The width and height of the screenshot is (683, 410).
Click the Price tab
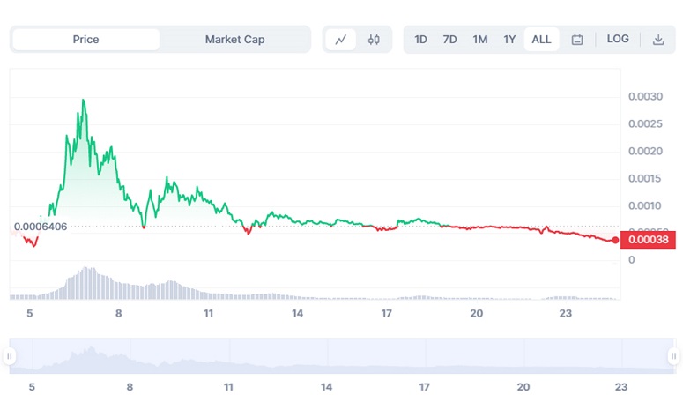[x=85, y=40]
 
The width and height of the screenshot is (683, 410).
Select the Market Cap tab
[x=234, y=40]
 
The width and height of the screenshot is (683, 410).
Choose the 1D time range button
[x=420, y=40]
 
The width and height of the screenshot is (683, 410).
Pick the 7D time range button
[x=449, y=40]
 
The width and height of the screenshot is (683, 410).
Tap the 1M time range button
[x=479, y=40]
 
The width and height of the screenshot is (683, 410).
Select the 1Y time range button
[x=509, y=40]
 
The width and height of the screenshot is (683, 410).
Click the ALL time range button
[x=541, y=40]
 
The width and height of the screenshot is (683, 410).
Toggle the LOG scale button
[x=618, y=40]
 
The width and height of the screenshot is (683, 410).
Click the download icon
[x=658, y=40]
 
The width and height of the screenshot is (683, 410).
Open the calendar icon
[x=577, y=40]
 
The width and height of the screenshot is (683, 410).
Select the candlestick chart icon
[x=374, y=40]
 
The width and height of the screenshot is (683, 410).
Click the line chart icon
[x=341, y=40]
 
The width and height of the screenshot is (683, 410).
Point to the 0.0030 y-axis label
[x=644, y=96]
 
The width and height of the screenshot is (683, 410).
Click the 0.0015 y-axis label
[x=644, y=179]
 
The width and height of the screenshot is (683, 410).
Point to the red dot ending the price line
[x=615, y=240]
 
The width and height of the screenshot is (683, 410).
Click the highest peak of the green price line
[x=83, y=101]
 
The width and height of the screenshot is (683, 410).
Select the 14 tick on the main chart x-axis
[x=298, y=314]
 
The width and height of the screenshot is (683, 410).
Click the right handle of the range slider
[x=673, y=356]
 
